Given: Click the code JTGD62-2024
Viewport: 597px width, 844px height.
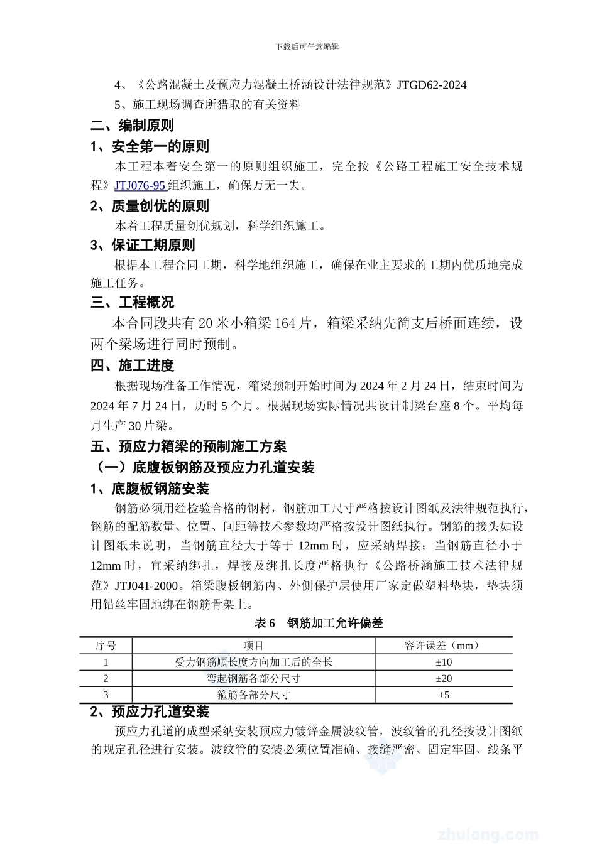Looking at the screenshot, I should point(432,85).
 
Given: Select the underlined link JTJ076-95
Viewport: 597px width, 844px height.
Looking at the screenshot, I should point(140,185).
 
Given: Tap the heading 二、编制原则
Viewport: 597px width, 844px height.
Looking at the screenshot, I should point(132,126).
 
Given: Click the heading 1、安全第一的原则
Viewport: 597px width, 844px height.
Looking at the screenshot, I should point(150,147).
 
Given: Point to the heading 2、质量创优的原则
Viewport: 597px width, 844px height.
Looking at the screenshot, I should point(150,206).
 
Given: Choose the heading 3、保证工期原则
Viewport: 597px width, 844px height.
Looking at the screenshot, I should point(143,245).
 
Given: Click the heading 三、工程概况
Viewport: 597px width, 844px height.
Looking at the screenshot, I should point(132,303).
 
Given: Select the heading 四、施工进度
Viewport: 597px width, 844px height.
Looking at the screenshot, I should point(132,365).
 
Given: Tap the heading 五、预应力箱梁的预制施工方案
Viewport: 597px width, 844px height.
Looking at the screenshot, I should point(189,446).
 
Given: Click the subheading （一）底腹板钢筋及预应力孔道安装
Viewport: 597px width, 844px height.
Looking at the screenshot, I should point(203,468).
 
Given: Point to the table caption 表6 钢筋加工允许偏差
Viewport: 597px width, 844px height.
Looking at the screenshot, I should point(319,623).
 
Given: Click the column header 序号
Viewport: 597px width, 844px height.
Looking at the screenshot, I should point(106,646).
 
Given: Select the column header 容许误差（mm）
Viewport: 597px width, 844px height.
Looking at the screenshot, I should point(444,646).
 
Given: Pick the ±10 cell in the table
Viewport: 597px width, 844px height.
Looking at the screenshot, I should point(444,662).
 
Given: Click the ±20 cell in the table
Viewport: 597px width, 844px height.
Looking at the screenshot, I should point(444,678).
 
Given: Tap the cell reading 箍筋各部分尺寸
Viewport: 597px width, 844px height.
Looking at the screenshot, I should point(253,695).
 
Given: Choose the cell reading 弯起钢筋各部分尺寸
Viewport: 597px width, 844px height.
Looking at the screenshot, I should point(253,678).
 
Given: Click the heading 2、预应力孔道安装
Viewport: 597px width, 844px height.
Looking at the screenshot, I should point(150,712).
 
